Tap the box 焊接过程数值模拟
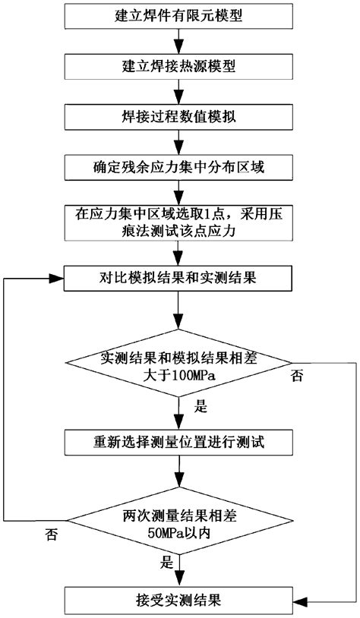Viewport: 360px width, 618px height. [x=178, y=116]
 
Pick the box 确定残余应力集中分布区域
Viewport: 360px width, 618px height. [x=178, y=166]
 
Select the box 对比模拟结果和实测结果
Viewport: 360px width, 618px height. [x=178, y=279]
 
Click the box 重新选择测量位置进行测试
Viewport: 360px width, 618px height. [x=178, y=441]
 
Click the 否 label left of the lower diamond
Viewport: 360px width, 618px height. [x=51, y=535]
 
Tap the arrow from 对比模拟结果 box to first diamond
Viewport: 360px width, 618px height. [x=178, y=311]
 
